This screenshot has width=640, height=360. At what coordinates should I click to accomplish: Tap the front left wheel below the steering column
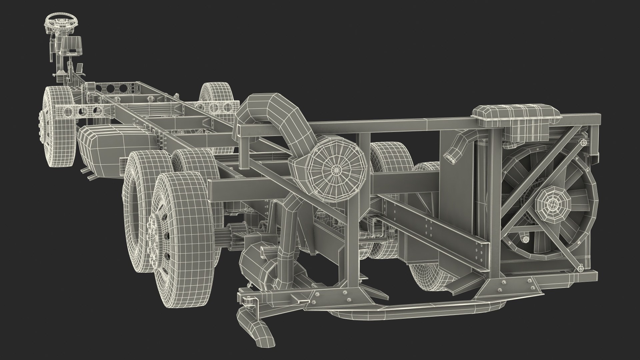tap(58, 127)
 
